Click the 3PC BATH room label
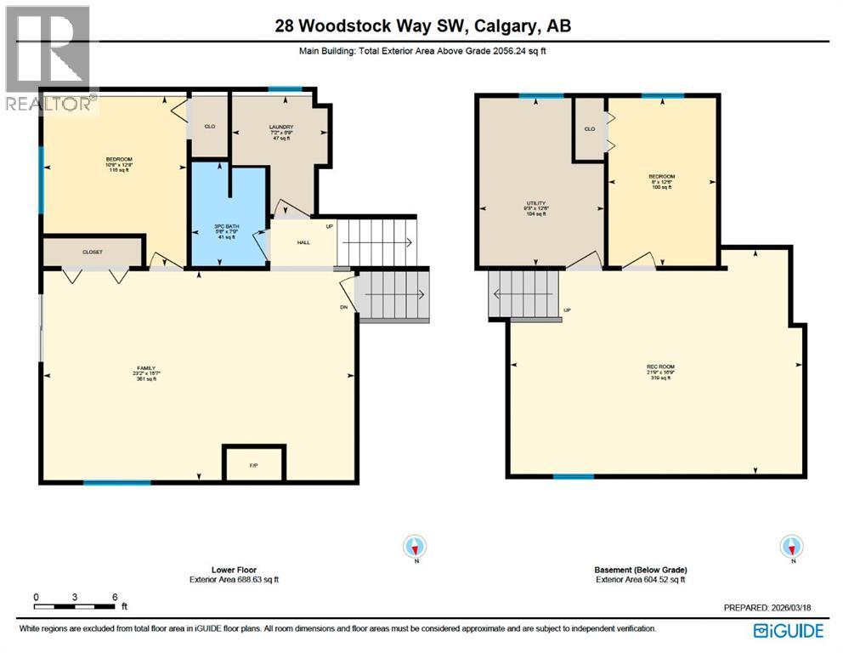coord(226,226)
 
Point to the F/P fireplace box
coord(254,466)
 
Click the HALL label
coord(303,242)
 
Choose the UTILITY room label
coord(535,203)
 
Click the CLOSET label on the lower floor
coord(93,253)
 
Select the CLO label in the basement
coord(589,129)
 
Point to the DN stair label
coord(344,308)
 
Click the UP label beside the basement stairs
coord(567,309)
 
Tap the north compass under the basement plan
coord(791,547)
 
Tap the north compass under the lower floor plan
coord(416,547)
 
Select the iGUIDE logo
coord(788,630)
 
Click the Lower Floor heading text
coord(234,570)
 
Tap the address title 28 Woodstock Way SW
coord(422,26)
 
